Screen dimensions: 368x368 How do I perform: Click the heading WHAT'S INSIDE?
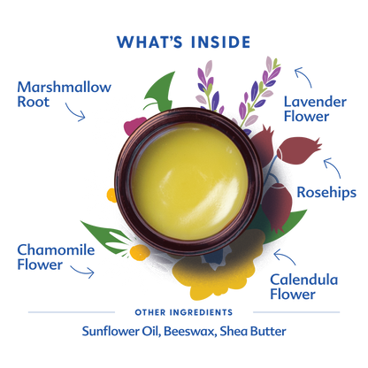[183, 42]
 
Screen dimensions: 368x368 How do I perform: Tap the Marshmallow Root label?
[64, 95]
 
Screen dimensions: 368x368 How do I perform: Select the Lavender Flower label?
[315, 109]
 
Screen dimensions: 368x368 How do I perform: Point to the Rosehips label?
[326, 193]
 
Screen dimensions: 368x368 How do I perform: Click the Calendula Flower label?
[303, 287]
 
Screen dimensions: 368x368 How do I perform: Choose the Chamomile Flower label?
[56, 257]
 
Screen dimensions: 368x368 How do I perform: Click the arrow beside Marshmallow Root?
[75, 113]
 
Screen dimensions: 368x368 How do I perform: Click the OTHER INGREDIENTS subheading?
[184, 312]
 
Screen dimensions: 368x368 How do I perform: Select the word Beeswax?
[189, 331]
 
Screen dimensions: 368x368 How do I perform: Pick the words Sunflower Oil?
[121, 331]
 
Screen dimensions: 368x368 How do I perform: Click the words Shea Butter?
[253, 331]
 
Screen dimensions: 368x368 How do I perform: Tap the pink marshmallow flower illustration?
[134, 126]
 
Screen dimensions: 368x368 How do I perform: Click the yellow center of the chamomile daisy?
[139, 253]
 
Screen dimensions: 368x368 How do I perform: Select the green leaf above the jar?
[161, 91]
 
